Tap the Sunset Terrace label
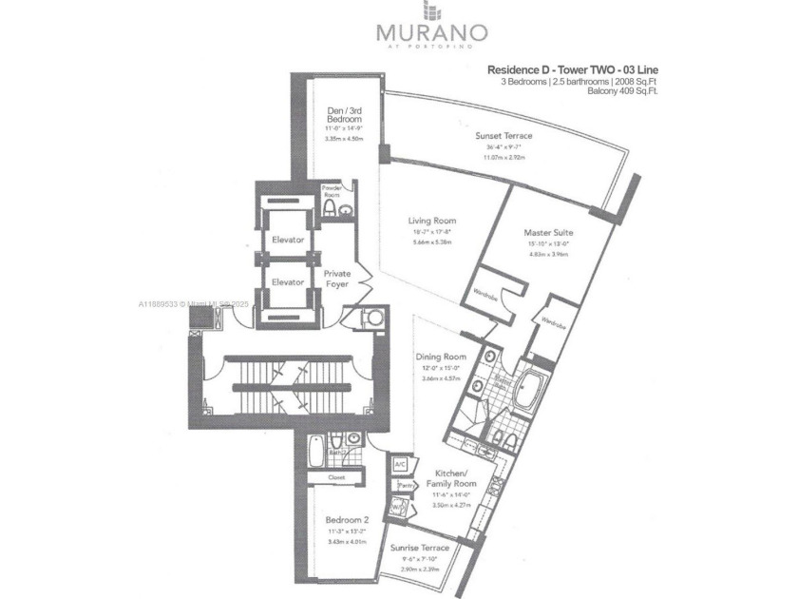click(x=503, y=136)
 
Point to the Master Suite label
click(x=548, y=232)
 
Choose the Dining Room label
click(x=440, y=357)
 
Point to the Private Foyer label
click(x=337, y=279)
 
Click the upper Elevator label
click(x=287, y=240)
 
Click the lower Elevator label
click(x=287, y=282)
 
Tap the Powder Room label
click(x=331, y=191)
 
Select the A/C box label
click(x=400, y=464)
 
